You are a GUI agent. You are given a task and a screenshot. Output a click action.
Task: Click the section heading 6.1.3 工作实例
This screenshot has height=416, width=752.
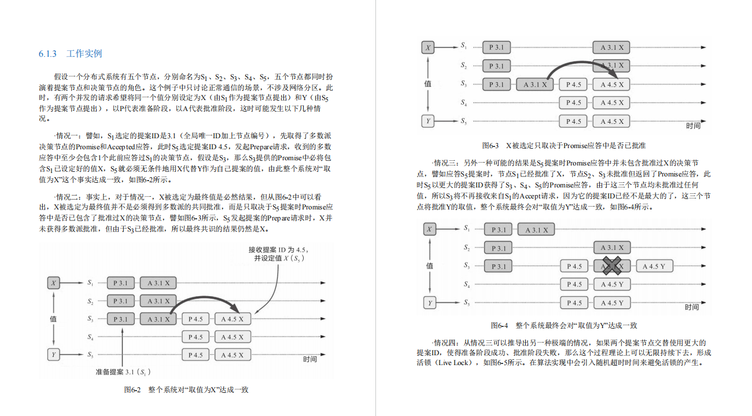tap(71, 54)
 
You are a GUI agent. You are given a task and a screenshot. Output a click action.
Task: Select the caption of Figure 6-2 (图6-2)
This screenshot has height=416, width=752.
tap(186, 390)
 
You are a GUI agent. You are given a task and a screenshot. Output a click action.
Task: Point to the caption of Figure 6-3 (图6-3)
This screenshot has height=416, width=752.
tap(564, 145)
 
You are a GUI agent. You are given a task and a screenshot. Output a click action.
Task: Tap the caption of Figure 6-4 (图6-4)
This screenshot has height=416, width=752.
tap(564, 326)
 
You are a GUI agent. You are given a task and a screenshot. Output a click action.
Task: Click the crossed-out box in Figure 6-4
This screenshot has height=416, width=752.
tap(611, 266)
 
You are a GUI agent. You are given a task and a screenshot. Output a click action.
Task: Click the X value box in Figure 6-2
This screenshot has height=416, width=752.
tap(54, 283)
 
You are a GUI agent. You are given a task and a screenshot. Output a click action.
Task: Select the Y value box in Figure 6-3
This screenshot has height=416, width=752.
tap(428, 122)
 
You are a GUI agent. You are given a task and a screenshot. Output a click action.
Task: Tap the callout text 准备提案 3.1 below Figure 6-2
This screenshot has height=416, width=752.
tap(123, 371)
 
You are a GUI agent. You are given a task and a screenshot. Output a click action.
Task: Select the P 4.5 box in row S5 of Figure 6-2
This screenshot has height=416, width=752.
tap(196, 355)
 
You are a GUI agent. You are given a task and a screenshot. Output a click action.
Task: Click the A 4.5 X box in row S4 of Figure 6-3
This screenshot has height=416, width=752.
tap(611, 103)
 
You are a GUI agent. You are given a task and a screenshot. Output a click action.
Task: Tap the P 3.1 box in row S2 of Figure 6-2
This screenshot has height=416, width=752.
tap(120, 301)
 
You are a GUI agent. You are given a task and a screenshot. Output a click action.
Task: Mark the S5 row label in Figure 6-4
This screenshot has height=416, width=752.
tap(466, 303)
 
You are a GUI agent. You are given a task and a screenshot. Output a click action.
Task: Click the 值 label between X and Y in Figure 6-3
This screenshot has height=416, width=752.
tap(428, 84)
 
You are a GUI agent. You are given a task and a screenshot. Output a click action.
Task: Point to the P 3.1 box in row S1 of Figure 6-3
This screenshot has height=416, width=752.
tap(496, 47)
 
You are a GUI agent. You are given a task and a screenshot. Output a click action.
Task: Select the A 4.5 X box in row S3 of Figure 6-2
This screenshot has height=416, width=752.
tap(232, 319)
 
